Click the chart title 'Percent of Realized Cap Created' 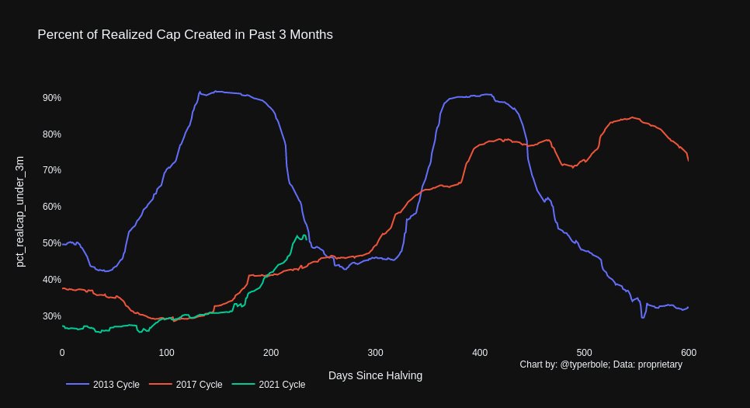tap(185, 35)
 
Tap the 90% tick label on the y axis tap(52, 98)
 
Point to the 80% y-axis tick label tap(52, 134)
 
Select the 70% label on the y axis tap(52, 170)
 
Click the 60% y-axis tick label tap(52, 207)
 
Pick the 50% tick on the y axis tap(52, 243)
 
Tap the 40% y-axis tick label tap(52, 280)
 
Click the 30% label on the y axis tap(52, 316)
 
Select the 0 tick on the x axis tap(62, 352)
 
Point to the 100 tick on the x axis tap(166, 352)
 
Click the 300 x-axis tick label tap(375, 352)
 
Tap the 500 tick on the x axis tap(584, 352)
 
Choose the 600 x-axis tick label tap(688, 352)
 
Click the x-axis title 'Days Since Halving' tap(375, 375)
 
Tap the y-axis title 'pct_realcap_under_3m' tap(21, 211)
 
